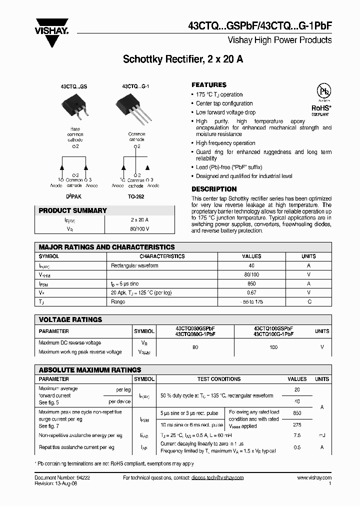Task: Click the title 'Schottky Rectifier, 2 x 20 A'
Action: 183,59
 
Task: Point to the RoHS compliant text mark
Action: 320,107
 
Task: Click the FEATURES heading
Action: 209,85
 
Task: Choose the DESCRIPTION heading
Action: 214,189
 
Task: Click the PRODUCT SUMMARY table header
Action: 73,211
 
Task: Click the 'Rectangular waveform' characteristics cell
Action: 134,265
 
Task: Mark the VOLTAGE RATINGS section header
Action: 70,319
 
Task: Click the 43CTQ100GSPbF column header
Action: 273,328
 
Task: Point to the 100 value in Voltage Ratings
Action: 273,347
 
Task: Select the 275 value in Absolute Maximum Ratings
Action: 296,425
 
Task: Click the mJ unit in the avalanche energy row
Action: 321,435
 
